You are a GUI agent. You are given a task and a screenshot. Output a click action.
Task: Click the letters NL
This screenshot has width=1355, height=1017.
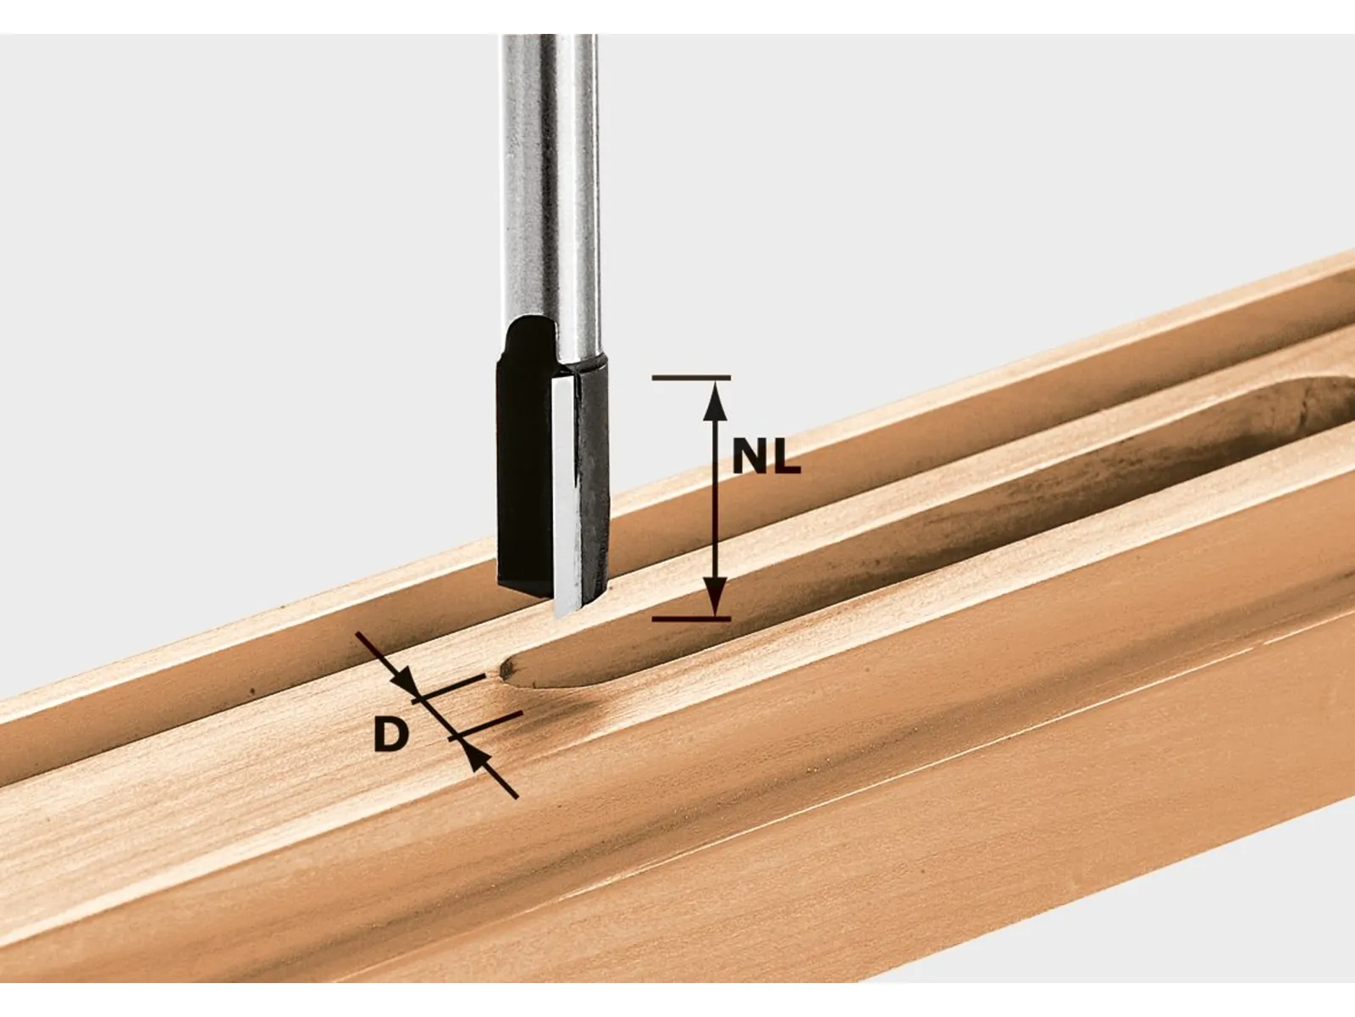point(766,459)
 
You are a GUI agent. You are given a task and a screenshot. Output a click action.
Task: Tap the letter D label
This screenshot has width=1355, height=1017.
point(390,735)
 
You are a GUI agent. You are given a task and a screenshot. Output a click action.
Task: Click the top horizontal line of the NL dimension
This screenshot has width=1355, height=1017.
point(691,377)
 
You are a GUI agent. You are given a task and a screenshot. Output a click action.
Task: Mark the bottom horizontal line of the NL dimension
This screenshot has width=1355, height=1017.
point(691,619)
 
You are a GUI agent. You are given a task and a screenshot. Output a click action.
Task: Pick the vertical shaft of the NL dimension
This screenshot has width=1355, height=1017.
point(716,500)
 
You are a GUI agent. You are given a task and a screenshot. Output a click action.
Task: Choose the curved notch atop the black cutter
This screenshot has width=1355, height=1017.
point(528,331)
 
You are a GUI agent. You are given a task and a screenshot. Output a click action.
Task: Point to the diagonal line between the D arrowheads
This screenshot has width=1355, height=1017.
point(435,718)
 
